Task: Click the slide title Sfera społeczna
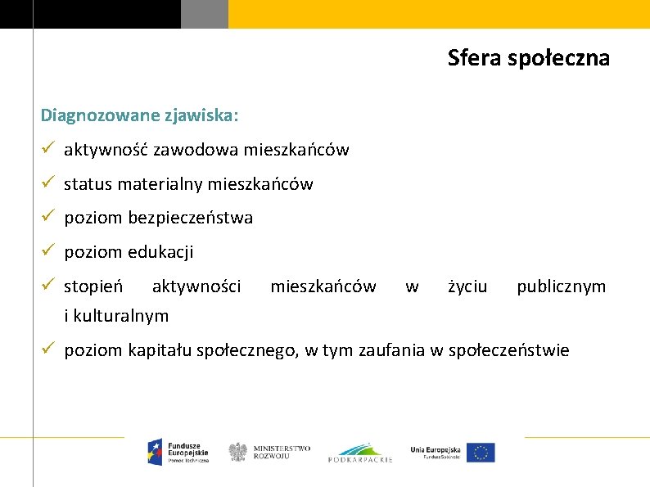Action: tap(528, 58)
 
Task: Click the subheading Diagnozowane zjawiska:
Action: tap(140, 115)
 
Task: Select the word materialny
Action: tap(161, 184)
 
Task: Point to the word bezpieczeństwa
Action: tap(191, 218)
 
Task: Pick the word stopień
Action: tap(93, 286)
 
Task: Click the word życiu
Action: tap(467, 286)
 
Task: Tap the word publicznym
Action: tap(561, 286)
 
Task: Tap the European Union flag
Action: tap(482, 453)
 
